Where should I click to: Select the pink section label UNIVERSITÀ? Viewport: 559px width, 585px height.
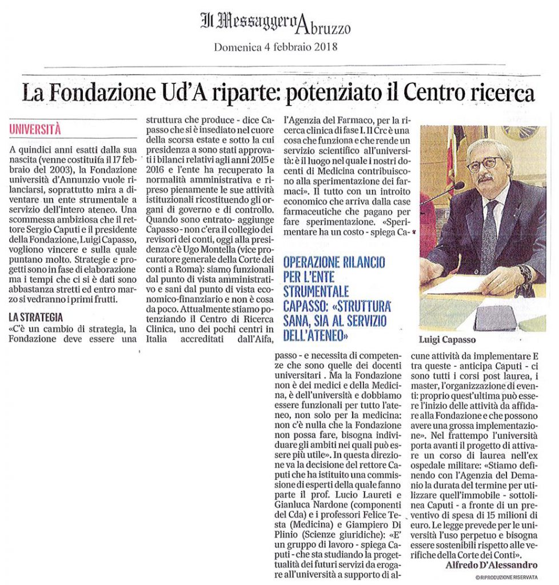(x=35, y=129)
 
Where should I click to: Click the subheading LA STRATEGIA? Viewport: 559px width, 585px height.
(x=35, y=317)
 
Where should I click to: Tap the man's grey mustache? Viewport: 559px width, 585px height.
(x=485, y=178)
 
